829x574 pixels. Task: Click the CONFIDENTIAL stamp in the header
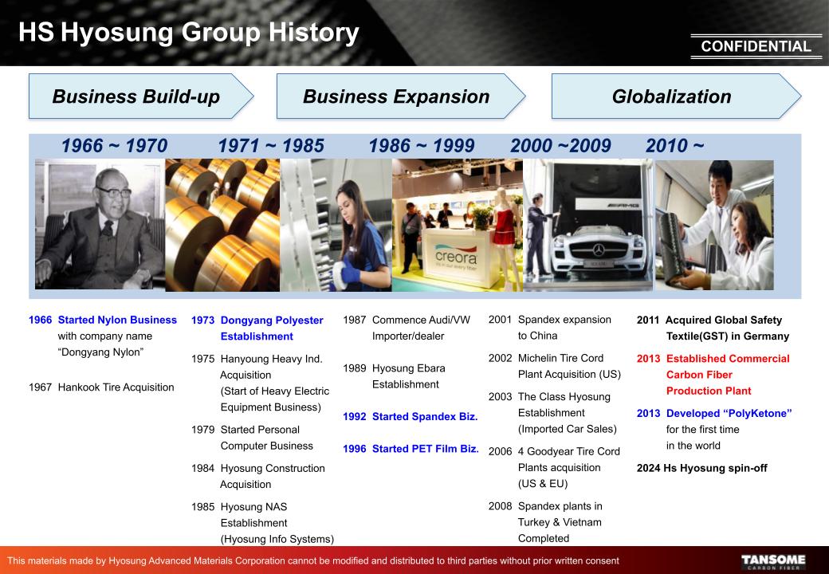756,46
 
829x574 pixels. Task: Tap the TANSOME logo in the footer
773,561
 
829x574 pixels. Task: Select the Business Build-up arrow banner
140,96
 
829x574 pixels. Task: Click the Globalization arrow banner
676,96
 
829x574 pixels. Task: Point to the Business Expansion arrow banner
401,96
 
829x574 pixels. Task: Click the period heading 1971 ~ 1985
271,145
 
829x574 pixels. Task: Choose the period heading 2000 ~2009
560,145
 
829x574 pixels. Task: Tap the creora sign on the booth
456,258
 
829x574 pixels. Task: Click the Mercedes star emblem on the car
599,250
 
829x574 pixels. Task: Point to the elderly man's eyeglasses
114,191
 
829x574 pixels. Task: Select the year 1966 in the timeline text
40,320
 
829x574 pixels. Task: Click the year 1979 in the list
203,430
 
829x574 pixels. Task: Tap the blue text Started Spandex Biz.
425,416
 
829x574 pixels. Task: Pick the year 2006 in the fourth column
500,451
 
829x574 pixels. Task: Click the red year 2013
648,359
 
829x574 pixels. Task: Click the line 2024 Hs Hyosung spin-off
701,468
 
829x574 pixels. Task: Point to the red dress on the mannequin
503,229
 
